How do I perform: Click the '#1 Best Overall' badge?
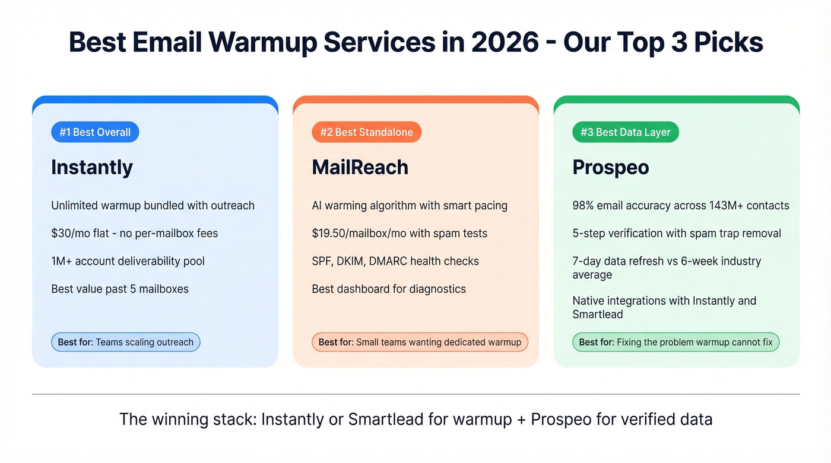[95, 132]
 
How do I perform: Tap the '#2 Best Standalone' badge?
[366, 132]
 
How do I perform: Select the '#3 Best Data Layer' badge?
[625, 132]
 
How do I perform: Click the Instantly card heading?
[92, 167]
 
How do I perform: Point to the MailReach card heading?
[360, 167]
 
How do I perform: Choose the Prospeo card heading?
[610, 167]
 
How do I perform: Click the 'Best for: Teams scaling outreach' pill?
[126, 342]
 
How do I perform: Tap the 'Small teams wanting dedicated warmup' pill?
[420, 342]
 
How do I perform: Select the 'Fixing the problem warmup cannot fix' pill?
[675, 342]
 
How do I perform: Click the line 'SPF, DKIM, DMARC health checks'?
[395, 261]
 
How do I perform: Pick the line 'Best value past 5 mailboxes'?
[120, 289]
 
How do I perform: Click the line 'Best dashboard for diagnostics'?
[389, 289]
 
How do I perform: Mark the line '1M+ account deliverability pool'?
[128, 261]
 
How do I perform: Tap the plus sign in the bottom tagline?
[521, 420]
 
